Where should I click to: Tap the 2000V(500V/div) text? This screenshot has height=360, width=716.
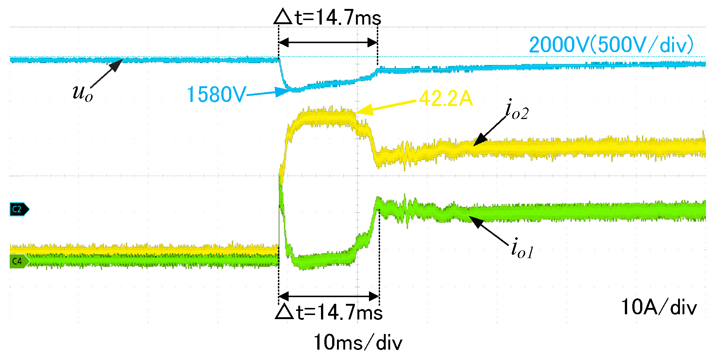pos(611,45)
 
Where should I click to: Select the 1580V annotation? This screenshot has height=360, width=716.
pos(216,94)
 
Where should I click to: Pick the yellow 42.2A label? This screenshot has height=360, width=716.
pos(446,99)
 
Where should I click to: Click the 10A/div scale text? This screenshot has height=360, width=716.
pos(659,308)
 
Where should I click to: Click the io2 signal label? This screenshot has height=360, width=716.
pos(517,111)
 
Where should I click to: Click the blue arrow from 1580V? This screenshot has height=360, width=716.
pos(268,93)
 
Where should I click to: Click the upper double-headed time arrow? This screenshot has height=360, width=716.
pos(328,42)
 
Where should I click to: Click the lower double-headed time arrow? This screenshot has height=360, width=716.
pos(329,296)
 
